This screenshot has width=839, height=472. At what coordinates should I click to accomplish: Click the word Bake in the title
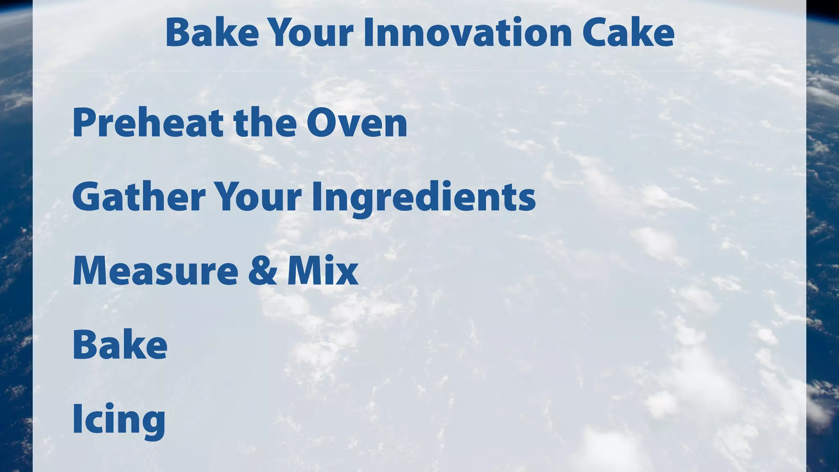212,32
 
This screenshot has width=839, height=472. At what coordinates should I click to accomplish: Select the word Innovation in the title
467,32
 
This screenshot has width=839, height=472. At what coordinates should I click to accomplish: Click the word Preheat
147,123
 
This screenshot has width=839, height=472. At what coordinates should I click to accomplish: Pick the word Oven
357,123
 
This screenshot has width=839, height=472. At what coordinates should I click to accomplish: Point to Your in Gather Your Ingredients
258,197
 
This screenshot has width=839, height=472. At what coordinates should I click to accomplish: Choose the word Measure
155,271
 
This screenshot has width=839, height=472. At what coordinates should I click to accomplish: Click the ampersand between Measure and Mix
263,271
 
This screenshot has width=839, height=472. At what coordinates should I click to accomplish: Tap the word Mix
323,271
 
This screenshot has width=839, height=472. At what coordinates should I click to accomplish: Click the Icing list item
119,419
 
